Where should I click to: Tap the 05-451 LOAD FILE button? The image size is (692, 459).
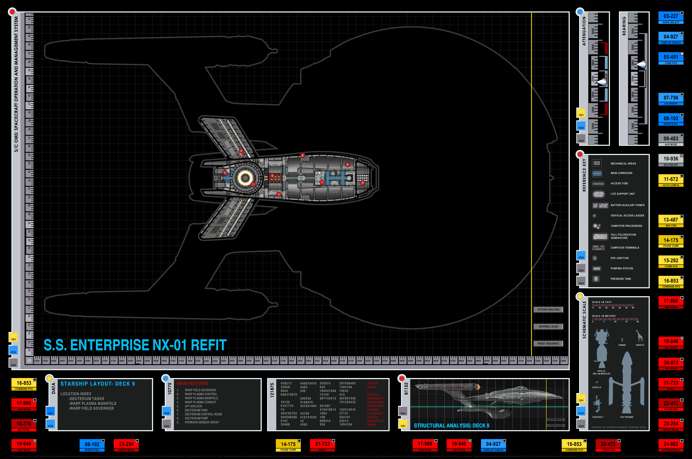tap(671, 58)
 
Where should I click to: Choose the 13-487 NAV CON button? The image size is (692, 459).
tap(671, 221)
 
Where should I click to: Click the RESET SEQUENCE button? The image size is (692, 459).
tap(548, 344)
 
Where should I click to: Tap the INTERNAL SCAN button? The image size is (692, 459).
tap(548, 327)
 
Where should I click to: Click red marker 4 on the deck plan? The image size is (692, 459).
tap(241, 151)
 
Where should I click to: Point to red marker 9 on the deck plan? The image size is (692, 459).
tap(362, 183)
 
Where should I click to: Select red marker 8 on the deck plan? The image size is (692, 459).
tap(303, 155)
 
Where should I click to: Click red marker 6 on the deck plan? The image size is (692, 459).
tap(348, 164)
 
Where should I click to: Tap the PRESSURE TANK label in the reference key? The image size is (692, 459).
tap(621, 279)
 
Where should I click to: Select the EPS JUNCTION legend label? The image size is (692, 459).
tap(619, 258)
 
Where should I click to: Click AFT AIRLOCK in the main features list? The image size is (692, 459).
tap(193, 406)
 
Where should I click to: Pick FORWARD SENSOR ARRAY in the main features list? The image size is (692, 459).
tap(202, 422)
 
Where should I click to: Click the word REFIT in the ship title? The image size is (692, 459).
tap(209, 345)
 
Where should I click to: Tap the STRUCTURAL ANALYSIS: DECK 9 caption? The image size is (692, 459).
tap(451, 426)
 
